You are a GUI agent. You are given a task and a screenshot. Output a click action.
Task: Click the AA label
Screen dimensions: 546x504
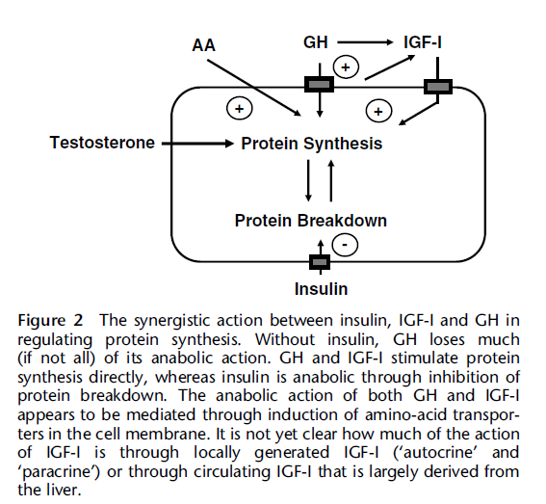[x=204, y=45]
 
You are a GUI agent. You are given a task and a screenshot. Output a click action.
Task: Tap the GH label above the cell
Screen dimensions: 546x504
[x=316, y=42]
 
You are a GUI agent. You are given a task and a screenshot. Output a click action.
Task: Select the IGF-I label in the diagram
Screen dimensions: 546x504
[x=423, y=42]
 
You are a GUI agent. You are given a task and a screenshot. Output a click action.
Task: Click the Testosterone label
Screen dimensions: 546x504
[x=102, y=143]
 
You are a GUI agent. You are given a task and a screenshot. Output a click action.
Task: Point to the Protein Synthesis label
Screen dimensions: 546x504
[x=312, y=144]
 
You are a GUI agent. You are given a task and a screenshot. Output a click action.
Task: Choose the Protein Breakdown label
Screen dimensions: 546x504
[x=311, y=221]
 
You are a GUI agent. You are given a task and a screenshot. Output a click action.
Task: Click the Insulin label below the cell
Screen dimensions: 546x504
[x=321, y=289]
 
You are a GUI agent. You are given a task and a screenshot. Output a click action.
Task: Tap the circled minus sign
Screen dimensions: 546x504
[x=345, y=245]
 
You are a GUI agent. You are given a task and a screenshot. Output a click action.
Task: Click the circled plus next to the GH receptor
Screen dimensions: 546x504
[x=346, y=67]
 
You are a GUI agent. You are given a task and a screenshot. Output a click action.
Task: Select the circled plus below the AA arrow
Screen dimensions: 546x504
[x=240, y=108]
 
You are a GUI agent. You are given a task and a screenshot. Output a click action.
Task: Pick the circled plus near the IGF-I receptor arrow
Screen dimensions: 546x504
[x=378, y=111]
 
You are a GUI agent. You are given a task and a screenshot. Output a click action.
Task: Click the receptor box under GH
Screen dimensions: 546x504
[x=320, y=85]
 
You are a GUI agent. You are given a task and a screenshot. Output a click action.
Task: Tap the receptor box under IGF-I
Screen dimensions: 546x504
[x=438, y=87]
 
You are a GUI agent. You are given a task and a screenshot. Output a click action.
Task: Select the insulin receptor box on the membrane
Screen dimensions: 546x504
[x=320, y=262]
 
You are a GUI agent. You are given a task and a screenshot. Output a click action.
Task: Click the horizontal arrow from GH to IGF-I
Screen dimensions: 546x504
[x=365, y=42]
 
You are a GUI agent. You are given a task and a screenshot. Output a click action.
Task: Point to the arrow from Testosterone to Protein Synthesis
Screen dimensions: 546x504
[x=197, y=144]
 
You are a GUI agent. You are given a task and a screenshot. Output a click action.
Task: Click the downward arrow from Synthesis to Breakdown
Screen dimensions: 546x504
[x=308, y=180]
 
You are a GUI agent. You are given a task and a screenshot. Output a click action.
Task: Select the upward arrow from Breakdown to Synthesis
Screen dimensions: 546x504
[x=331, y=180]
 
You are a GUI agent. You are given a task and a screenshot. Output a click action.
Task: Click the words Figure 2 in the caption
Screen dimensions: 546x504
[x=50, y=320]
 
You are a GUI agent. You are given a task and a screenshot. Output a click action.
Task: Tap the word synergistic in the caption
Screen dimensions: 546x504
[x=172, y=321]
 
